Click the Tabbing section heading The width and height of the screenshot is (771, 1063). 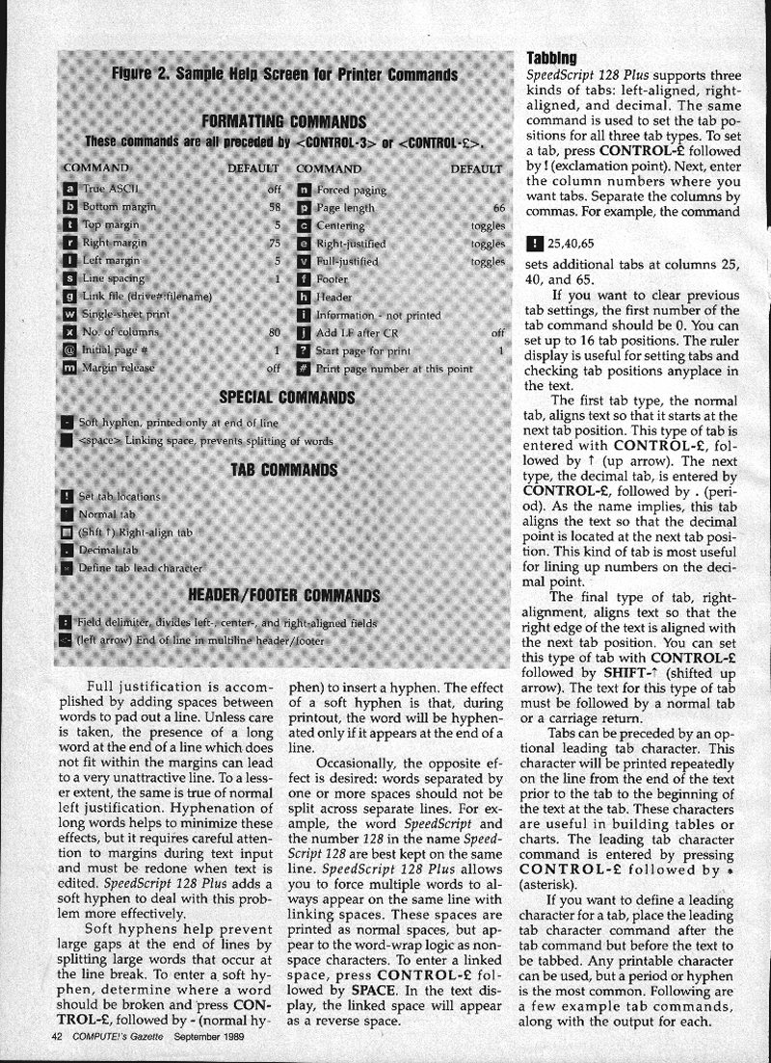(x=552, y=58)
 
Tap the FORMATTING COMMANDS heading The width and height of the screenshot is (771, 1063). (x=283, y=121)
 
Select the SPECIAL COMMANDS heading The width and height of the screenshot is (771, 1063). (x=287, y=397)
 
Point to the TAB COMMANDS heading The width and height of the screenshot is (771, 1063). (x=283, y=470)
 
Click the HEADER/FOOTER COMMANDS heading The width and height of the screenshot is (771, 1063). (x=283, y=594)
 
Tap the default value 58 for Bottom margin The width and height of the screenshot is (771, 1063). (x=275, y=207)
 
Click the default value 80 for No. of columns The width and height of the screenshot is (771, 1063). (x=275, y=333)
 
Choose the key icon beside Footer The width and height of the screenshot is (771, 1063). (x=304, y=279)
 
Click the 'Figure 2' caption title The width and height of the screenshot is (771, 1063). (x=283, y=74)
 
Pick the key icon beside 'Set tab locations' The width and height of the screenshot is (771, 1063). (x=66, y=496)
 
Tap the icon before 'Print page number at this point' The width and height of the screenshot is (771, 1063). (x=304, y=369)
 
